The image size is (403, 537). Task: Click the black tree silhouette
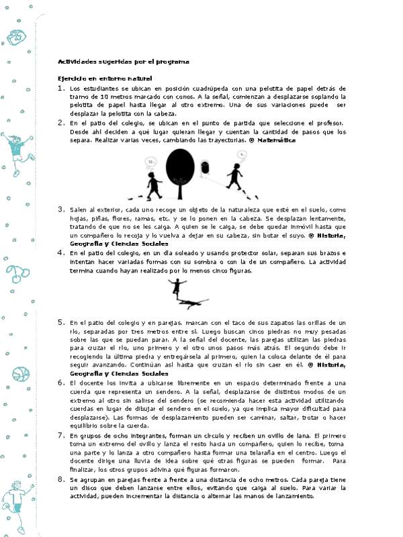(x=179, y=170)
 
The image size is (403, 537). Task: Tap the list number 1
(x=61, y=88)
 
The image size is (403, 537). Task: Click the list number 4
(x=61, y=252)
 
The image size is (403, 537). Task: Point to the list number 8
(x=61, y=480)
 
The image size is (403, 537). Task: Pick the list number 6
(x=61, y=382)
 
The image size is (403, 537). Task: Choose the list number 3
(x=61, y=209)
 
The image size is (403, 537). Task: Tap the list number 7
(x=61, y=436)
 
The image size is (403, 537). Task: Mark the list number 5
(x=61, y=323)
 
